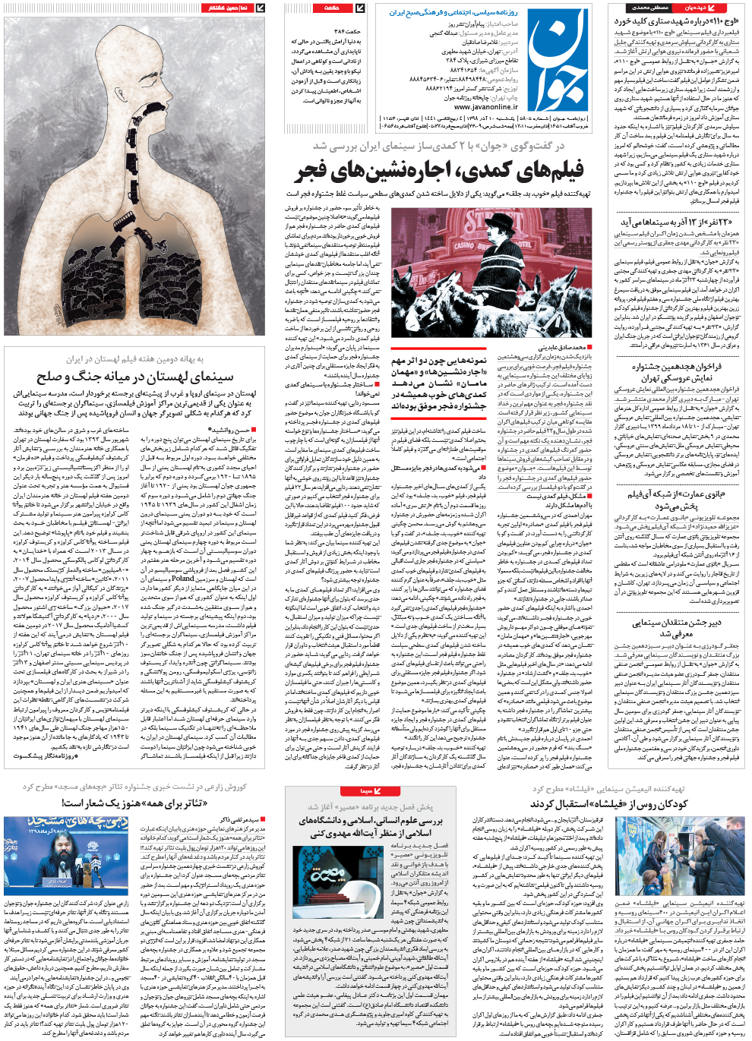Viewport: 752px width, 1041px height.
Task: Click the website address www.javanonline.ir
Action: (x=485, y=107)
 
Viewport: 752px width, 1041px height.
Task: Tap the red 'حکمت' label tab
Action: (x=332, y=8)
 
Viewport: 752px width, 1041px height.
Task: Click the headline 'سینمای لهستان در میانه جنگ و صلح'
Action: (x=135, y=377)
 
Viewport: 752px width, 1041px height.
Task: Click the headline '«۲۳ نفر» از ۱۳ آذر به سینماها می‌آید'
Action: (x=680, y=222)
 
